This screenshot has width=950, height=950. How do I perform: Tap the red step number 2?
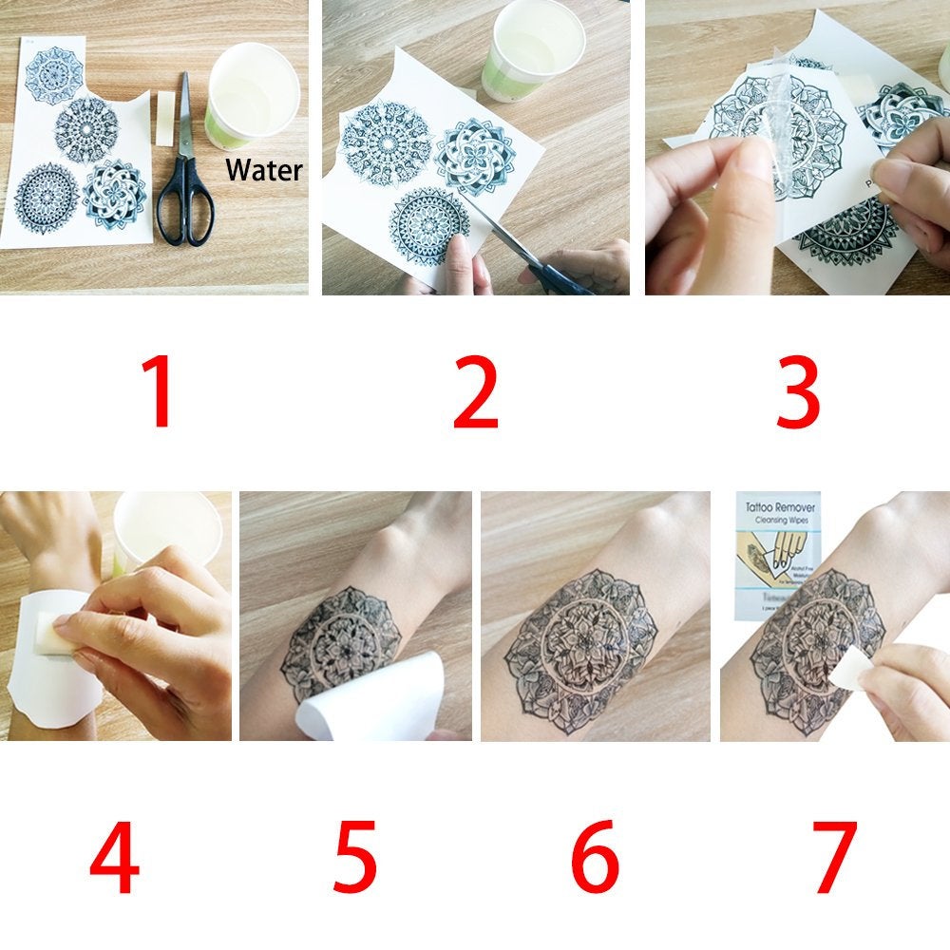coord(475,393)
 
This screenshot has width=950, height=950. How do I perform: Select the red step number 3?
coord(796,393)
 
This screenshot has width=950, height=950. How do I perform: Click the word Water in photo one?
coord(263,171)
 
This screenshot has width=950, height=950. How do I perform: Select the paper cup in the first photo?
coord(252,95)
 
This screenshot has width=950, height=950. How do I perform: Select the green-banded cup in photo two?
coord(532,52)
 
